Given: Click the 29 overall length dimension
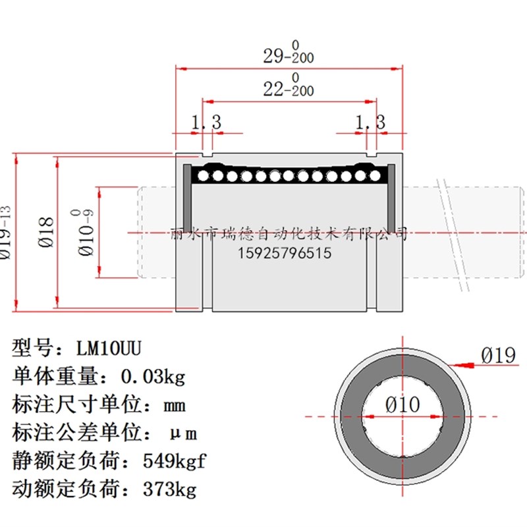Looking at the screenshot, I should (x=288, y=55).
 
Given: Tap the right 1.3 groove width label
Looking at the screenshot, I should (x=370, y=122).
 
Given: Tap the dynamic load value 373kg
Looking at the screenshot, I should (x=169, y=489).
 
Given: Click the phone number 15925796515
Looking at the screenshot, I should (x=284, y=253).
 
